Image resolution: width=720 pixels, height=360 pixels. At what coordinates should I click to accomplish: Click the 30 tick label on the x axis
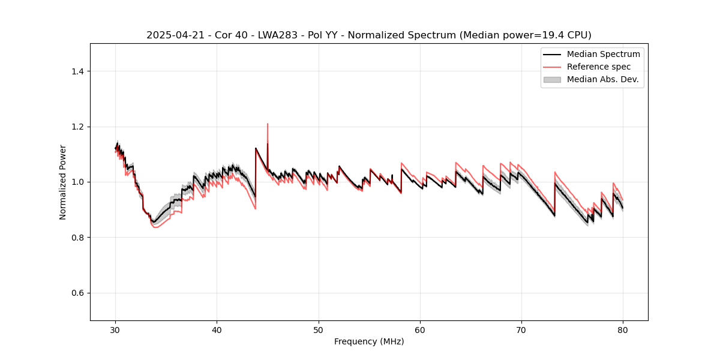click(116, 330)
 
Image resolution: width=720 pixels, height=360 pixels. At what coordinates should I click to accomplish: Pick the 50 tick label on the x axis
click(319, 330)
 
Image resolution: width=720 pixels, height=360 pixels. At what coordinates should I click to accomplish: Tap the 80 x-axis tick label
click(623, 330)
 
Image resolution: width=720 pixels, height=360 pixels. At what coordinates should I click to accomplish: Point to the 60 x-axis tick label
click(420, 330)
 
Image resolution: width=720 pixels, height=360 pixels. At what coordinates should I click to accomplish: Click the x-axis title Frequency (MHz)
click(369, 342)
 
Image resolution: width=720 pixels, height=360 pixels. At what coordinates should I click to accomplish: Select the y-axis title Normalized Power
click(63, 182)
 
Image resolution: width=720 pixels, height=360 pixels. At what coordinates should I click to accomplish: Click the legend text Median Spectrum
click(604, 54)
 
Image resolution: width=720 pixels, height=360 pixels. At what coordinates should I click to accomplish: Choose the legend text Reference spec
click(599, 67)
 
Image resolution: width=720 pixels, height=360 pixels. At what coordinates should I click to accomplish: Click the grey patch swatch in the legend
click(552, 79)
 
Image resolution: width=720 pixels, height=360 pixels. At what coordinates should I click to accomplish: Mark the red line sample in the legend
click(552, 67)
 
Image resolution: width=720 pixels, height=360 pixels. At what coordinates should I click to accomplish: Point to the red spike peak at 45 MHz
click(268, 124)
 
